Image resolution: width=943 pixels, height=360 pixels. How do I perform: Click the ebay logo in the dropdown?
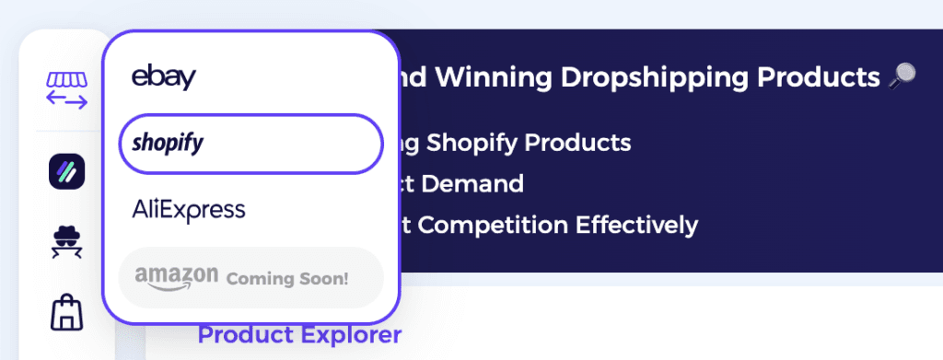(x=163, y=76)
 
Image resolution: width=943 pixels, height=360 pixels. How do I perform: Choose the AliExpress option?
(x=189, y=209)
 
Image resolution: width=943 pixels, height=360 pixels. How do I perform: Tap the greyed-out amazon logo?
(x=176, y=275)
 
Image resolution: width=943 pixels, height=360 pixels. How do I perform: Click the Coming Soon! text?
(x=287, y=277)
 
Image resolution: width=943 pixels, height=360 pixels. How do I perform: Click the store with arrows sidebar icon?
(x=66, y=89)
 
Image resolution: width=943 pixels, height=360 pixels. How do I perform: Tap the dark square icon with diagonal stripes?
(x=66, y=171)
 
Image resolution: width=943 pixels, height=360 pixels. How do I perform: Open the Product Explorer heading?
(x=299, y=335)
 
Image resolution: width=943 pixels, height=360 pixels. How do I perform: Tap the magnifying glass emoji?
(x=901, y=77)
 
